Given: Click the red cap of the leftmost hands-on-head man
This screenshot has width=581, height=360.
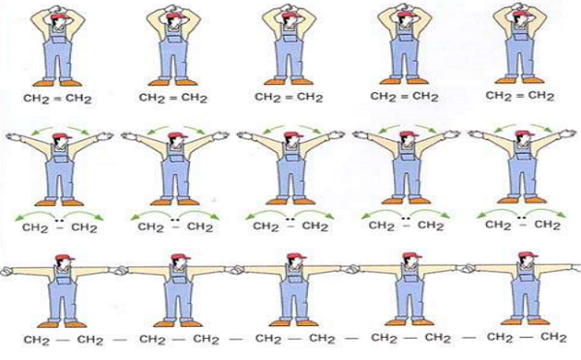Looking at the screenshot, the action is coord(58,17).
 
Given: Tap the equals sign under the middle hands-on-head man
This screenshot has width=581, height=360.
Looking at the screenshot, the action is coord(290,97).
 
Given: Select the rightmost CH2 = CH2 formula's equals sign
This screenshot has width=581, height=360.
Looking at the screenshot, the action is coord(520,96).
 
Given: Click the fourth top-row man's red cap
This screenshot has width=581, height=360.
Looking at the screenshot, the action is coord(406,15).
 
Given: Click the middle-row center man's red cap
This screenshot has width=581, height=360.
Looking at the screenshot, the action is coord(292,135).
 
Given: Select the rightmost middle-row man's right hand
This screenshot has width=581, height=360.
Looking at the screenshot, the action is coord(568,134).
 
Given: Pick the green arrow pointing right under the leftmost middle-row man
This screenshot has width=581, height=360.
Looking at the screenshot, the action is coord(83,215).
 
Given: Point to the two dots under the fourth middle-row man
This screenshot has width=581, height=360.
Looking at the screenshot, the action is coord(406,219).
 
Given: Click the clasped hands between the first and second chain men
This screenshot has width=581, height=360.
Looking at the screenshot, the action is coord(120,270).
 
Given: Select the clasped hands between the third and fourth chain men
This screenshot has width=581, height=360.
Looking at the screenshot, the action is coord(352,268).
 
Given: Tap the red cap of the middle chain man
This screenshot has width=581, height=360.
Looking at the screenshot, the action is coord(295,256).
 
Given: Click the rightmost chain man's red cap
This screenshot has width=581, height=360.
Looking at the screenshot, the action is coord(527,255).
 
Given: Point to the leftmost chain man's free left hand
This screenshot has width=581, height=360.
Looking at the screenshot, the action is coord(7,271).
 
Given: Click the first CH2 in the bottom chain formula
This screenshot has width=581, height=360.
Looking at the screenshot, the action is coord(37,340).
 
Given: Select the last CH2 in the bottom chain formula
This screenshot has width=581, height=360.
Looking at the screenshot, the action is coord(554,338).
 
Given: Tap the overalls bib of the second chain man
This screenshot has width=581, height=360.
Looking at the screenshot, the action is coord(178,277).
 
